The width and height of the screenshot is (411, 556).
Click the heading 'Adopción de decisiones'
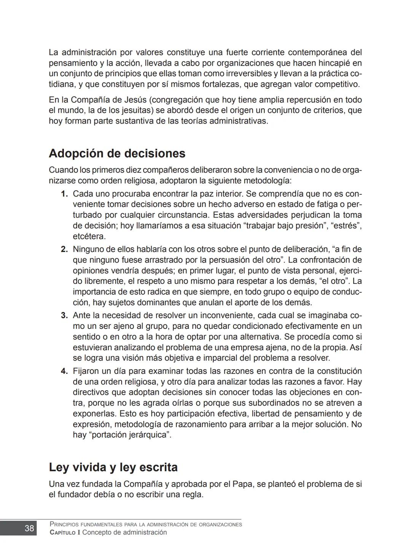pos(117,154)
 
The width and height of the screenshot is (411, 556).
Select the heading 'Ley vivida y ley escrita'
pos(113,467)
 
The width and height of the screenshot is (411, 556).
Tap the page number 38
pos(29,528)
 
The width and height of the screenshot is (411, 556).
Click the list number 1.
pos(64,194)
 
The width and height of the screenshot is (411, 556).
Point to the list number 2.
pos(64,250)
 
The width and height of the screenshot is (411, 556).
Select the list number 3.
pos(64,316)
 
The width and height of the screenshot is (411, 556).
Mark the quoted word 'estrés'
pos(346,226)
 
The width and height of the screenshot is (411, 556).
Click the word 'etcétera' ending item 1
pos(89,237)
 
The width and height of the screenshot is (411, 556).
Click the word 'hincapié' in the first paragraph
pos(334,63)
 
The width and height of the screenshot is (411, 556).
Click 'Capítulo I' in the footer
pos(65,533)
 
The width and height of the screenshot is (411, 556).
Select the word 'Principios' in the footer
pos(64,525)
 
